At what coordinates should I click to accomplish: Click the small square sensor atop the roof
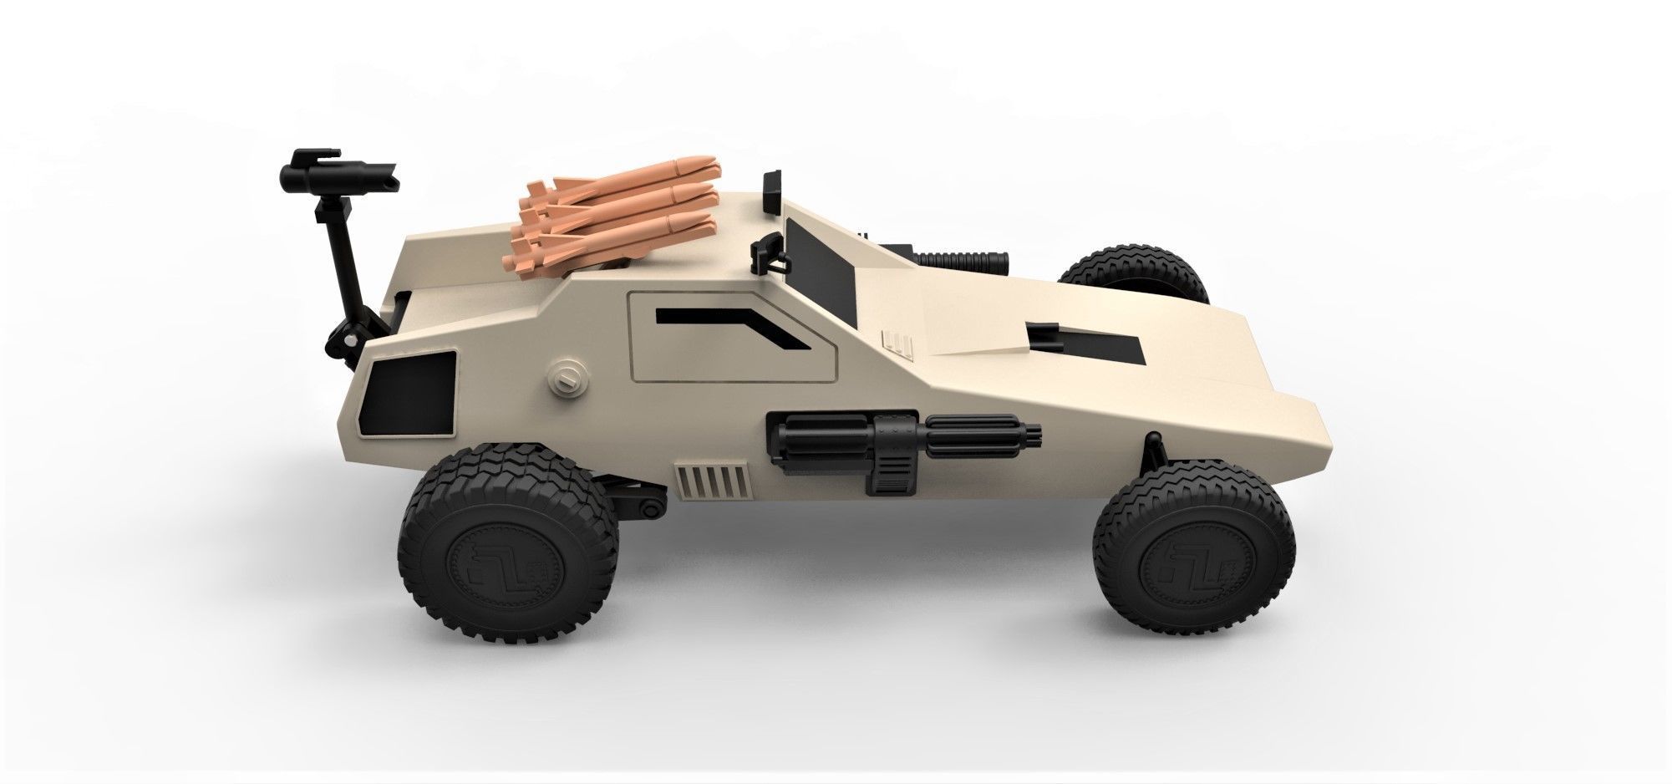773,185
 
